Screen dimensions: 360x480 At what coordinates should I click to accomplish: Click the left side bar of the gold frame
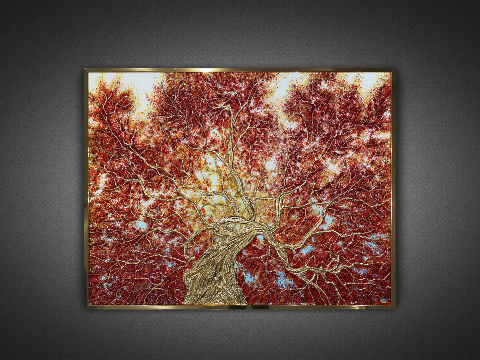[86, 188]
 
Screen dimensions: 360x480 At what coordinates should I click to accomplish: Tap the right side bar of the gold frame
[394, 188]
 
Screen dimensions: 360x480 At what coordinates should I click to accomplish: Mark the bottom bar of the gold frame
[240, 307]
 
